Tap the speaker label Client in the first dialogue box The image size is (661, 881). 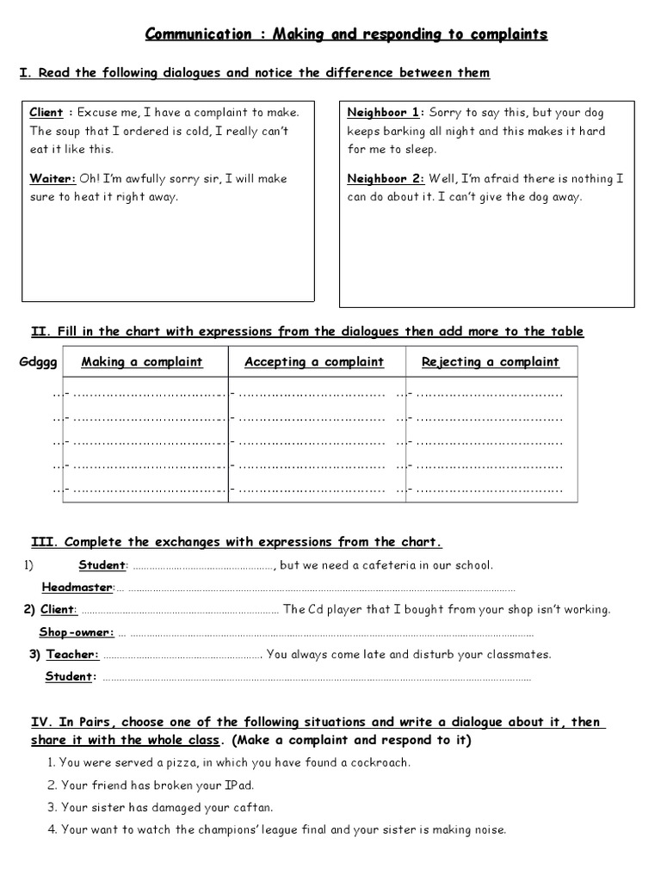[x=46, y=113]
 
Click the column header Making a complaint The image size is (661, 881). [x=142, y=362]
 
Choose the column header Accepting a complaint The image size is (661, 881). [x=314, y=362]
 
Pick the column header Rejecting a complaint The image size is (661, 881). [x=490, y=362]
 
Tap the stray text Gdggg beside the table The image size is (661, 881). [x=38, y=362]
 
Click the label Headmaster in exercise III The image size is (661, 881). [x=77, y=588]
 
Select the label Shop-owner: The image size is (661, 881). [x=77, y=632]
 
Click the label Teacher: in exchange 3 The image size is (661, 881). [x=72, y=655]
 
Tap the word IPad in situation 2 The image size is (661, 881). [x=238, y=786]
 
